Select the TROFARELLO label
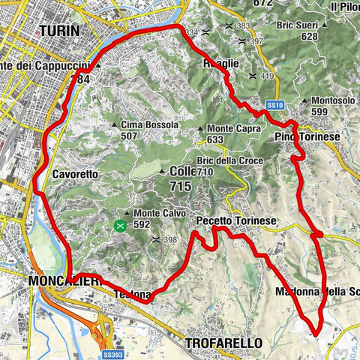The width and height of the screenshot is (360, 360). [223, 343]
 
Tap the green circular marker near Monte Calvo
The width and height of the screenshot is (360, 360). [120, 223]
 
